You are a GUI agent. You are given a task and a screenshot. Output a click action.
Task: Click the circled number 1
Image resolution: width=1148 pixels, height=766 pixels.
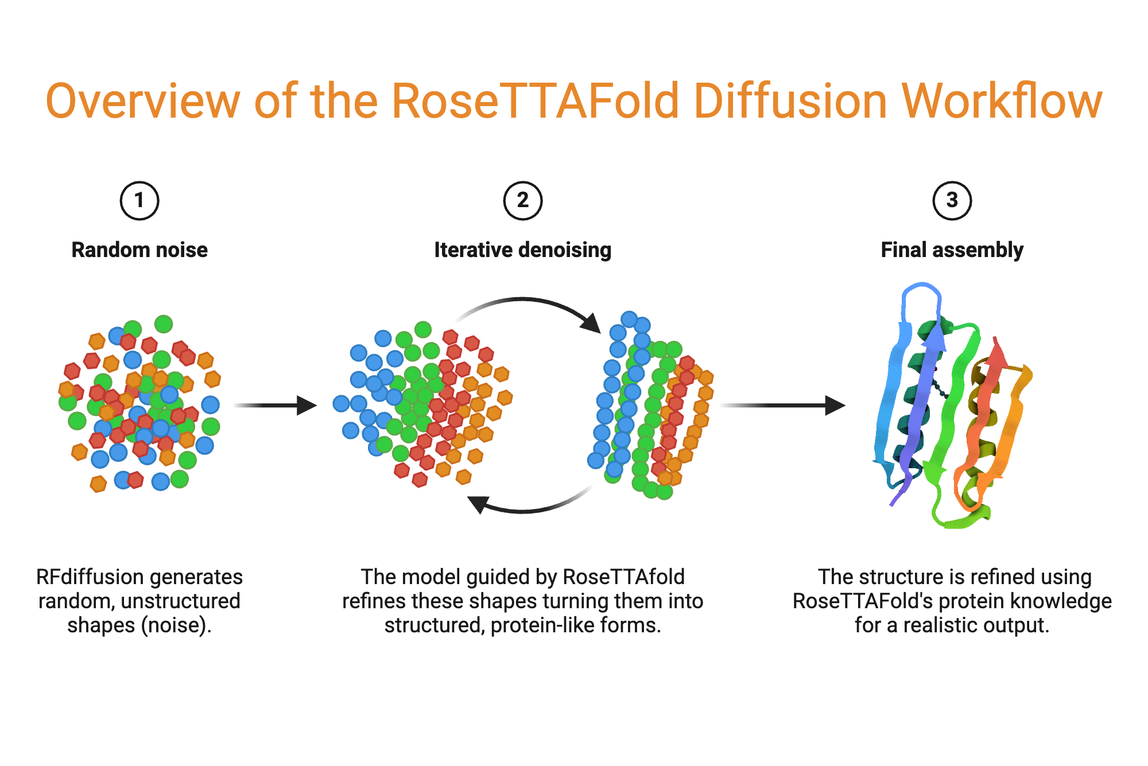[x=139, y=201]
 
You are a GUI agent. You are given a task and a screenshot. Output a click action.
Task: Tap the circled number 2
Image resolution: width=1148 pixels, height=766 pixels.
[x=522, y=201]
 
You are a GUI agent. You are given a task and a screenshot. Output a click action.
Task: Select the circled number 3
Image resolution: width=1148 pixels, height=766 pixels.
[x=952, y=201]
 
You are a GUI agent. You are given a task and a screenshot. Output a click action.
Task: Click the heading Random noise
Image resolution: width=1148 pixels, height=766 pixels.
[x=139, y=250]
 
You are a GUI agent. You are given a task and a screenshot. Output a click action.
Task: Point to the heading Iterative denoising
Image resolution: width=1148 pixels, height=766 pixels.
[x=522, y=250]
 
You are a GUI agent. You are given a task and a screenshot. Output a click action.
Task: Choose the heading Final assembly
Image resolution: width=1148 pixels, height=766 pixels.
[x=952, y=250]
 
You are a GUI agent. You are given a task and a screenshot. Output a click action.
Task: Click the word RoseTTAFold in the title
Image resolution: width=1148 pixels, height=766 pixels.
[x=537, y=102]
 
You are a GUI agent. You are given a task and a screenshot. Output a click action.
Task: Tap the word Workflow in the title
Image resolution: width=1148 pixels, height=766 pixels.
[x=1001, y=102]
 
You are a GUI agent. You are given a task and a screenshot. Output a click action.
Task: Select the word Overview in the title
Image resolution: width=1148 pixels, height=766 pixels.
[x=142, y=102]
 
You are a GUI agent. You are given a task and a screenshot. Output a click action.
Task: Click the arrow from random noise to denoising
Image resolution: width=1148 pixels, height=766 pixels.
[x=276, y=406]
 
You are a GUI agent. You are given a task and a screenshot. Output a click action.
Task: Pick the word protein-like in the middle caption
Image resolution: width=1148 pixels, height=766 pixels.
[x=543, y=625]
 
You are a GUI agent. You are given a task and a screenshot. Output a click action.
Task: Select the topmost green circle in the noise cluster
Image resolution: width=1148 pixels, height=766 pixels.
[x=164, y=324]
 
